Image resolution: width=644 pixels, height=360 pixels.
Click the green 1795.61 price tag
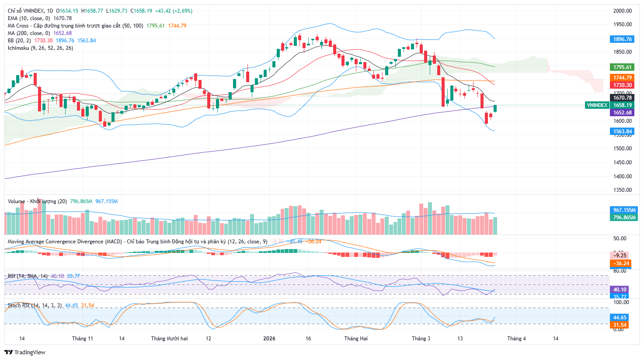coord(622,67)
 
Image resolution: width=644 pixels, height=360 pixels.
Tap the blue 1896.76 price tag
coord(622,39)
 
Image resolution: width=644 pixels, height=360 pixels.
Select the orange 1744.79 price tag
coord(622,78)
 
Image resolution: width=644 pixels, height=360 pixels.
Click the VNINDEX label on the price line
coord(597,105)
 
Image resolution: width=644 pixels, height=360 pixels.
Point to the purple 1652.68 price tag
coord(622,113)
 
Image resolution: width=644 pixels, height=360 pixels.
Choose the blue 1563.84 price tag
coord(622,132)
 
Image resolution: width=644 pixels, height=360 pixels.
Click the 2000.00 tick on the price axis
coord(623,11)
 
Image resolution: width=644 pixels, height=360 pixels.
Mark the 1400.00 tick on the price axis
coord(623,177)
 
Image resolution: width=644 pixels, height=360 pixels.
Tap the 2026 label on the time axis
coord(269,339)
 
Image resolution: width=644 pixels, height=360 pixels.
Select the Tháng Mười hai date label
coord(169,339)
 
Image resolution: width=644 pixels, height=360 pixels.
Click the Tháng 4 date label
coord(516,339)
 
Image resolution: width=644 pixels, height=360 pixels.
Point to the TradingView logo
coord(25,352)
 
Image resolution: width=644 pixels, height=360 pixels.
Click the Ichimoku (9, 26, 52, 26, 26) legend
coord(40,48)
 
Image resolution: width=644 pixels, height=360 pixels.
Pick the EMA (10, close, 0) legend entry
coord(29,18)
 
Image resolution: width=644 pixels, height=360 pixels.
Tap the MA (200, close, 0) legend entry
coord(29,33)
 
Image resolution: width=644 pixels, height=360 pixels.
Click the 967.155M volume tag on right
coord(624,210)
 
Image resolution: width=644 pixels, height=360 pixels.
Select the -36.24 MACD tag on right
coord(620,263)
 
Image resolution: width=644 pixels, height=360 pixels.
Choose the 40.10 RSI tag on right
coord(620,290)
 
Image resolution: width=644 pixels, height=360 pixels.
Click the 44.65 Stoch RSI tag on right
coord(620,318)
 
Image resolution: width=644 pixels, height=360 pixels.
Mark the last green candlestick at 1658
coord(495,108)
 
